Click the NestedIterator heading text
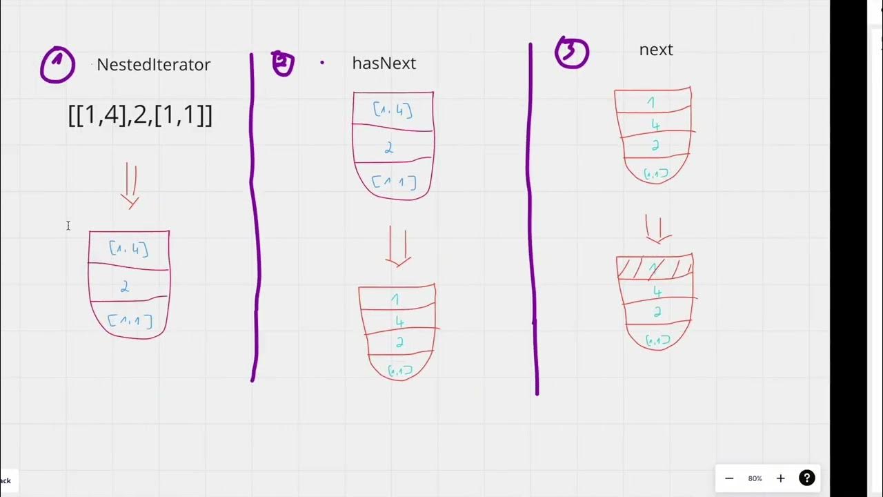click(153, 65)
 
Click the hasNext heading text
click(384, 64)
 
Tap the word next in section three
click(656, 50)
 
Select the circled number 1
click(58, 65)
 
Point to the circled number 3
click(572, 53)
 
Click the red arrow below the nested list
click(130, 186)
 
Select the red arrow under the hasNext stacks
click(398, 246)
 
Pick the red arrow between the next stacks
click(658, 229)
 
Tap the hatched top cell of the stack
click(654, 267)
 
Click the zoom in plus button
click(781, 478)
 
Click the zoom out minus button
click(729, 478)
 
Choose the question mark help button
click(807, 478)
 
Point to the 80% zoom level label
click(755, 478)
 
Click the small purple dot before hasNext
click(321, 63)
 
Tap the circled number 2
click(283, 63)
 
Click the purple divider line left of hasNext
click(255, 214)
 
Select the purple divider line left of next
click(533, 221)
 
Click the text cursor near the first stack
click(68, 226)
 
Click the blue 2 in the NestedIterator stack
click(125, 286)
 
